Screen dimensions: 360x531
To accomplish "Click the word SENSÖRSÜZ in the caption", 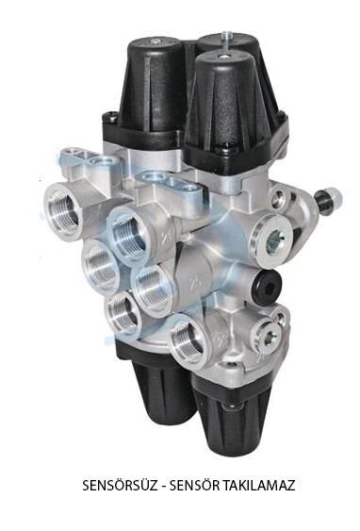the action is pos(120,486).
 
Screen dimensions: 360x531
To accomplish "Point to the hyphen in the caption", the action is pos(163,487).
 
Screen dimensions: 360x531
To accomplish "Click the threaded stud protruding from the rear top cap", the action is pos(224,37).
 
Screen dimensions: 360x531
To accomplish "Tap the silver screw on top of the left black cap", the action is pos(155,41).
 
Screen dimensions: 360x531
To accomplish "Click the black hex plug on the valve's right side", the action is pos(268,283).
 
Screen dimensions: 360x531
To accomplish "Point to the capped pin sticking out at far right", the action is pos(329,199).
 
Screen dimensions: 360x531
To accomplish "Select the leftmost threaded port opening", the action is pos(63,210).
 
